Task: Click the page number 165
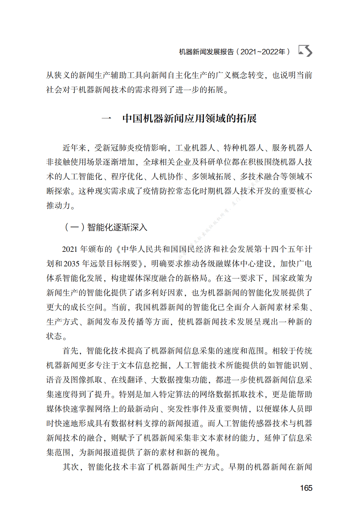[x=306, y=488]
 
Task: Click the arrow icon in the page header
[x=305, y=51]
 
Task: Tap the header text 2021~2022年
[x=263, y=52]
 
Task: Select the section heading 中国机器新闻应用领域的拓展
[x=189, y=118]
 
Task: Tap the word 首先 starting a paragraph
[x=71, y=351]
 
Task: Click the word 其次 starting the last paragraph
[x=71, y=467]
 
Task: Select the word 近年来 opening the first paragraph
[x=74, y=148]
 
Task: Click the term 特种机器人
[x=244, y=148]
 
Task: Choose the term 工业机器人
[x=195, y=148]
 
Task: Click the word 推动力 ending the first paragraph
[x=58, y=205]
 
